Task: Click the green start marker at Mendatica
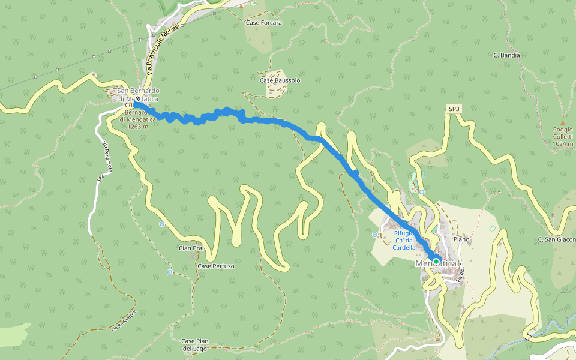[436, 261]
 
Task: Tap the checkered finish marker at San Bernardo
[139, 98]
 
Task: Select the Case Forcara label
[263, 22]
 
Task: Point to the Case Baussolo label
[280, 80]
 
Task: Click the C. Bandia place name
[506, 55]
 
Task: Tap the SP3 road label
[454, 109]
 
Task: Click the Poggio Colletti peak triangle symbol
[563, 122]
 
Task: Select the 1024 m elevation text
[563, 143]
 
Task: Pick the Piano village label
[461, 239]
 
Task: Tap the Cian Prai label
[191, 248]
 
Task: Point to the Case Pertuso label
[216, 266]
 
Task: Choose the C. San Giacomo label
[556, 240]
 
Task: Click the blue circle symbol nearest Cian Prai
[162, 224]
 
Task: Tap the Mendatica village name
[435, 264]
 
